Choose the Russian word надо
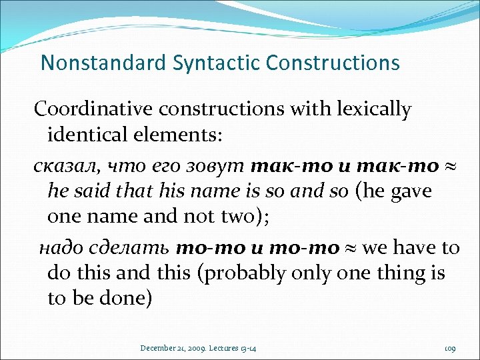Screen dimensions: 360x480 pyautogui.click(x=60, y=248)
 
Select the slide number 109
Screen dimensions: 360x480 pyautogui.click(x=449, y=347)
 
